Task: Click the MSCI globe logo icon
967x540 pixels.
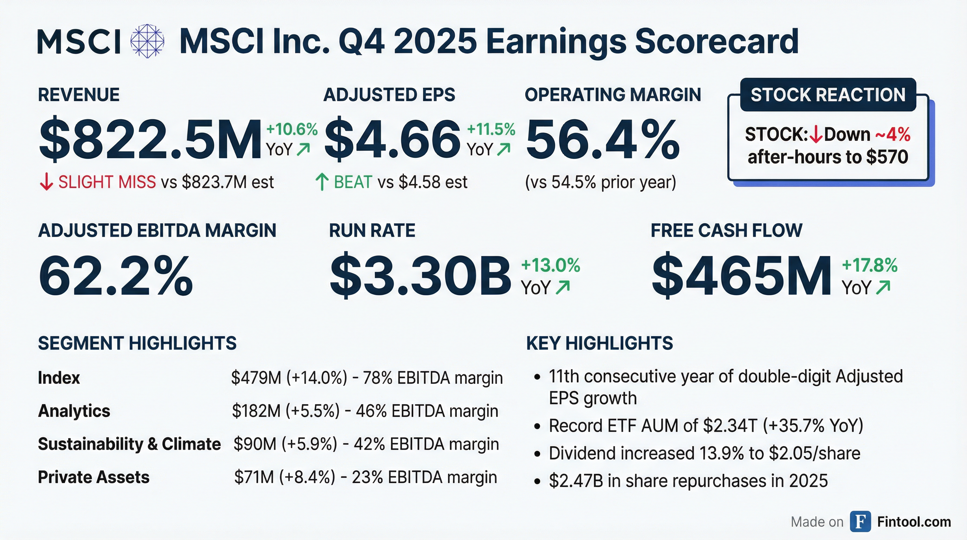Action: click(x=147, y=41)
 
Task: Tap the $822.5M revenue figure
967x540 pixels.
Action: click(x=150, y=139)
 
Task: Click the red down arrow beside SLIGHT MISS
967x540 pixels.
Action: click(x=46, y=182)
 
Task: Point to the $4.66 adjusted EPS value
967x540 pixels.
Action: click(x=392, y=139)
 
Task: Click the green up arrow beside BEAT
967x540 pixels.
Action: click(x=322, y=182)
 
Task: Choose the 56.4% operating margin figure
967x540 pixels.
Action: click(x=603, y=139)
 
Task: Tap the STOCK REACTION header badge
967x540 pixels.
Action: click(x=828, y=95)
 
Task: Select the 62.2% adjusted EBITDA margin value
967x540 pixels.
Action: click(x=116, y=276)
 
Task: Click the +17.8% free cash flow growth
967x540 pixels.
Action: click(x=870, y=265)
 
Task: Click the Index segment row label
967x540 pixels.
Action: click(x=59, y=378)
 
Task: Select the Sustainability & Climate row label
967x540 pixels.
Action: click(x=129, y=444)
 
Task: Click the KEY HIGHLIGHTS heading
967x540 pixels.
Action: click(x=599, y=343)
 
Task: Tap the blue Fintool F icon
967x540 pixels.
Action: click(x=861, y=522)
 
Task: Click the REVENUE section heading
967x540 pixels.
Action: click(x=79, y=95)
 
